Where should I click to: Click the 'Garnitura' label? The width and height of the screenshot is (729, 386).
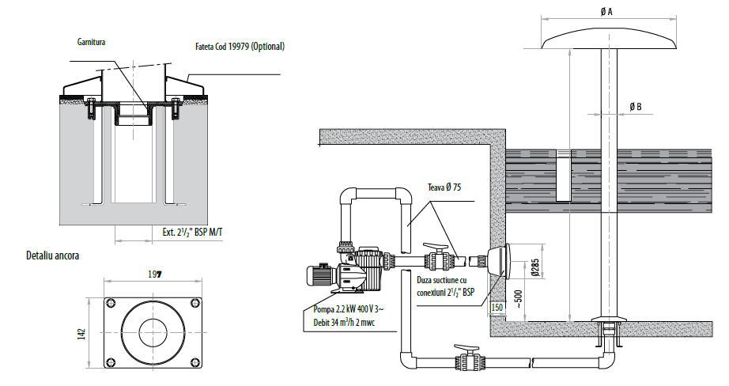coord(91,42)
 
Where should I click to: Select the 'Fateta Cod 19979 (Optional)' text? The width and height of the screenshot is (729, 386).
coord(240,47)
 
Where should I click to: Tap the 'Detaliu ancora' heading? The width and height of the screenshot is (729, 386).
coord(52,255)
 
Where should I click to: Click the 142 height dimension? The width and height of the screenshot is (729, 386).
coord(83,333)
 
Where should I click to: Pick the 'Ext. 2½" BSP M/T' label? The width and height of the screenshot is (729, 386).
coord(192,231)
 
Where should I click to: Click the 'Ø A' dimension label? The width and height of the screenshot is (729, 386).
coord(606,12)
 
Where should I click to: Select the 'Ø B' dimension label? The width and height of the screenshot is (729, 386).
coord(636,107)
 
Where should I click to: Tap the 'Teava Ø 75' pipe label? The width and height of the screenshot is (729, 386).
coord(444,187)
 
